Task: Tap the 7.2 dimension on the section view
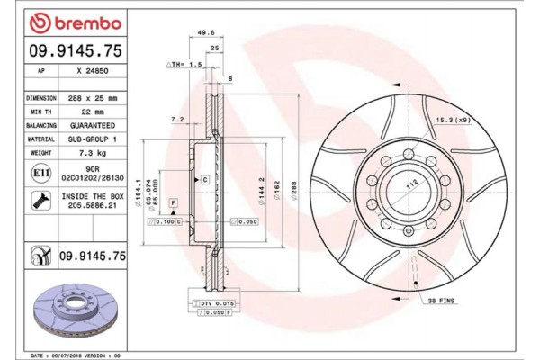click(x=178, y=118)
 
